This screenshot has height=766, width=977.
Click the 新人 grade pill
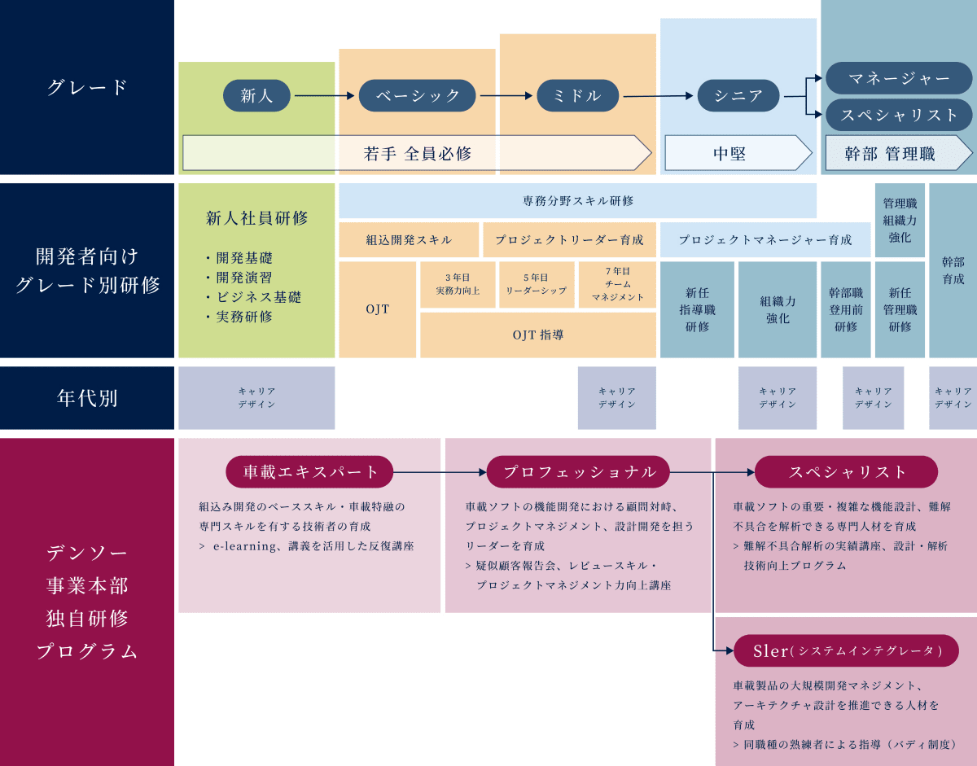pos(257,96)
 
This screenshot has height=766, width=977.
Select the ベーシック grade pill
pos(418,96)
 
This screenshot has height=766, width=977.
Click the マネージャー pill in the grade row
pos(899,79)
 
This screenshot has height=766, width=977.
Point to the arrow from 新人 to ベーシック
pos(325,96)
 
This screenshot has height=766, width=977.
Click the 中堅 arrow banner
pos(738,153)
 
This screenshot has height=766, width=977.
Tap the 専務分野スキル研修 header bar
pos(577,200)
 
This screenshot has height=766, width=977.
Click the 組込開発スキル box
pos(409,240)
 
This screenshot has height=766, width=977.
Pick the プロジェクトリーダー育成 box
pos(569,240)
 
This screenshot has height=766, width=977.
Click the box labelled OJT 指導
pos(538,335)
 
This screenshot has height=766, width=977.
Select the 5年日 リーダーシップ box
pos(536,284)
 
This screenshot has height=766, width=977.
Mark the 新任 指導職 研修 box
pos(697,309)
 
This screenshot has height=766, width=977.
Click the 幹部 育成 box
pos(953,270)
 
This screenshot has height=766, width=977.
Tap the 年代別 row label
pos(87,398)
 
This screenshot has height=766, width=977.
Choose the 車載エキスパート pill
pos(309,472)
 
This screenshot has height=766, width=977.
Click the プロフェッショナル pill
pos(579,472)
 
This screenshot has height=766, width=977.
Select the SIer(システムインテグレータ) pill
pos(847,650)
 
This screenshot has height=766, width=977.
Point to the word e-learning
pos(243,546)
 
